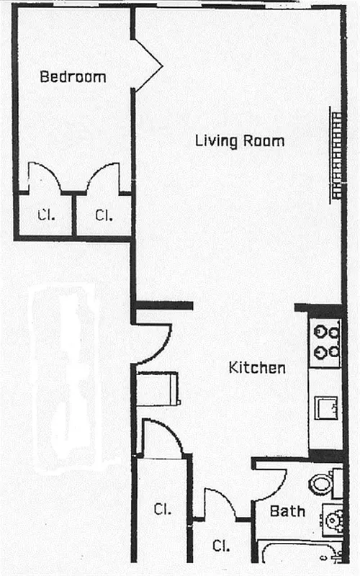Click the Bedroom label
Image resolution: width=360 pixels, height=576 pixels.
click(x=73, y=76)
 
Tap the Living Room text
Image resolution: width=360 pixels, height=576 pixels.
click(x=240, y=140)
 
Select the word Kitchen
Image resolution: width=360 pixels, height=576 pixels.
click(x=257, y=368)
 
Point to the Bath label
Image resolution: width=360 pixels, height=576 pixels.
click(x=287, y=511)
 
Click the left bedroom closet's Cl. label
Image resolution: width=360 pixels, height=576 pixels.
click(x=46, y=214)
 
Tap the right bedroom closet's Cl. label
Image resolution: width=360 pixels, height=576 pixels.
click(x=104, y=214)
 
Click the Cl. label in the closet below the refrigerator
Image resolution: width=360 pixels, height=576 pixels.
click(x=162, y=509)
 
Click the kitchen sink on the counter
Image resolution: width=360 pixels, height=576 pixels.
click(x=327, y=408)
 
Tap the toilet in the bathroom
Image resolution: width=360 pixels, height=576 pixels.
click(x=321, y=482)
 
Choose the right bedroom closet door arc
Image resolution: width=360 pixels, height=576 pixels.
click(x=103, y=176)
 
